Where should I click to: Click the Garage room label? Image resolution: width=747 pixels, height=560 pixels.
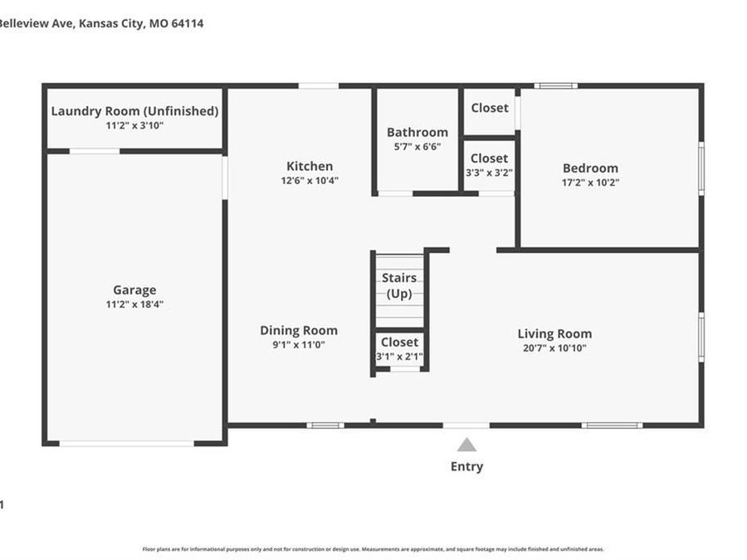[134, 290]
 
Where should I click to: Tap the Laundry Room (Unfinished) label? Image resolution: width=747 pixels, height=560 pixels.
[134, 111]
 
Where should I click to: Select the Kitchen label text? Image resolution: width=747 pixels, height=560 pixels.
[310, 166]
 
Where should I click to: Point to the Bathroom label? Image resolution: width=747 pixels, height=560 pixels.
[417, 132]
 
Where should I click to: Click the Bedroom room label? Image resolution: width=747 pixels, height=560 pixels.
[590, 168]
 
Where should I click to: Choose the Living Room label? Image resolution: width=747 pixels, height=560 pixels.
[554, 334]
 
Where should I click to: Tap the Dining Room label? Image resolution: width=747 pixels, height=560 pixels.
[299, 330]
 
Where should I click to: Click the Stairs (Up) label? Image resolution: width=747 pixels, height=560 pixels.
[399, 285]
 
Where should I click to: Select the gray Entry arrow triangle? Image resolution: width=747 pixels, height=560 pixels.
[467, 445]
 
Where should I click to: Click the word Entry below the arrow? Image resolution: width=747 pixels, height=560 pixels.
[466, 466]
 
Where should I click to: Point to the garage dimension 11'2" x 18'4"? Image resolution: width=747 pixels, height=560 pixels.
[134, 304]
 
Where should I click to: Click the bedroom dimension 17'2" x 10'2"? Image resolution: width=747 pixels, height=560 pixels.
[590, 182]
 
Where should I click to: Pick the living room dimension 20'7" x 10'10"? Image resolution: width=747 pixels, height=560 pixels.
[554, 348]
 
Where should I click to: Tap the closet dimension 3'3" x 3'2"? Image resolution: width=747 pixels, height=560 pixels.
[490, 173]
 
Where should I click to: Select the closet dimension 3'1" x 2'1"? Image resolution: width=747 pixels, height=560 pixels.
[399, 357]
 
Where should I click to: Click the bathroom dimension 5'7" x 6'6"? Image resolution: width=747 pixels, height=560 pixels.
[417, 146]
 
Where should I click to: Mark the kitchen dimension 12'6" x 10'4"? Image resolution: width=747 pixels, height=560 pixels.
[310, 180]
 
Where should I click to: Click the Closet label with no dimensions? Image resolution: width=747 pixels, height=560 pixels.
[490, 108]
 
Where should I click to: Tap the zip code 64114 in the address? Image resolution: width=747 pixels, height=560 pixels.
[188, 23]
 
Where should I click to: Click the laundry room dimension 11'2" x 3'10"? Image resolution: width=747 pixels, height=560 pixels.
[134, 125]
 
